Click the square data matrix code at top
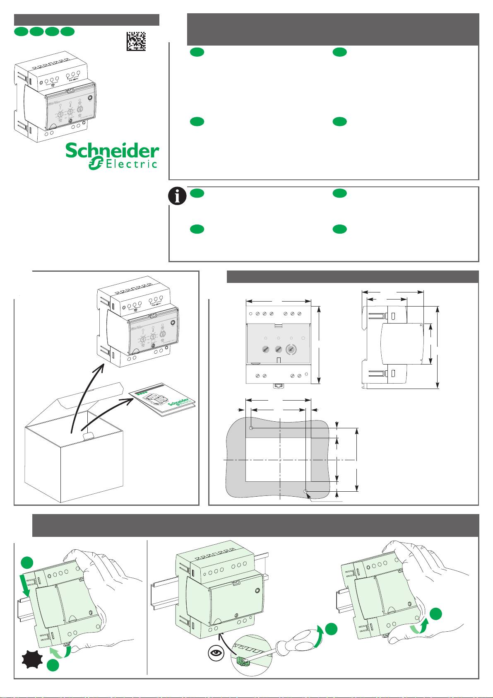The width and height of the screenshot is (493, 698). (x=136, y=41)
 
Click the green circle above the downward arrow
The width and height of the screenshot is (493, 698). (x=27, y=563)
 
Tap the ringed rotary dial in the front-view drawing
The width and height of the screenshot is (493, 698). (x=292, y=350)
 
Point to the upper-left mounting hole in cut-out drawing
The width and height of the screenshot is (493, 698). (x=251, y=427)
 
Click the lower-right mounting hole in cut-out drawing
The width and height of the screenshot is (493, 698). (x=305, y=492)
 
